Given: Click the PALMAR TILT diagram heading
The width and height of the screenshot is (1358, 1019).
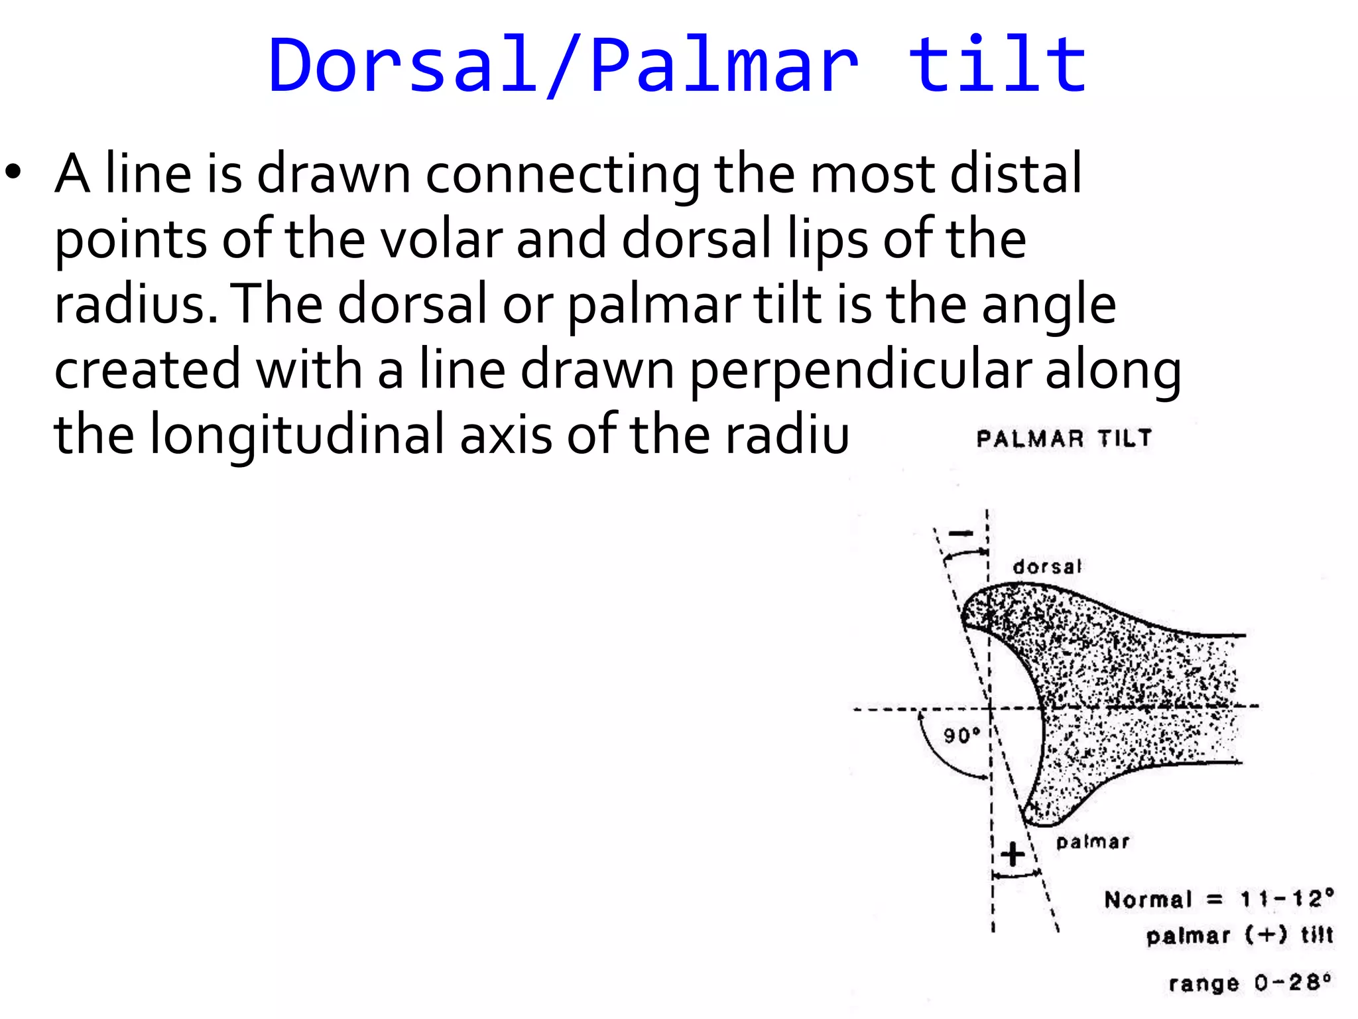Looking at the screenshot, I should point(1064,439).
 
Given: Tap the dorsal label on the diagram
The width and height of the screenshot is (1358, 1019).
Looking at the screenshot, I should point(1046,567).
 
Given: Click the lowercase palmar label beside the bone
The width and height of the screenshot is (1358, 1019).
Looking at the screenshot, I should point(1092,842).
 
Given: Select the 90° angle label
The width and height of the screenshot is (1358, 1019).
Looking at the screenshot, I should point(961,735).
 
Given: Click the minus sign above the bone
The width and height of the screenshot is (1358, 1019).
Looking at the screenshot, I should point(961,533).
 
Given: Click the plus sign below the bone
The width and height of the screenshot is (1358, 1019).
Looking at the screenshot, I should point(1013,854).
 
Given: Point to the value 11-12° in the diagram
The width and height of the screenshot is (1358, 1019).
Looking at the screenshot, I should point(1286,898).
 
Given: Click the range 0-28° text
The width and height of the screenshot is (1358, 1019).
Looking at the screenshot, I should point(1249,983).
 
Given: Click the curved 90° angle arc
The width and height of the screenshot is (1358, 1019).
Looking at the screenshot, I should point(935,753).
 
